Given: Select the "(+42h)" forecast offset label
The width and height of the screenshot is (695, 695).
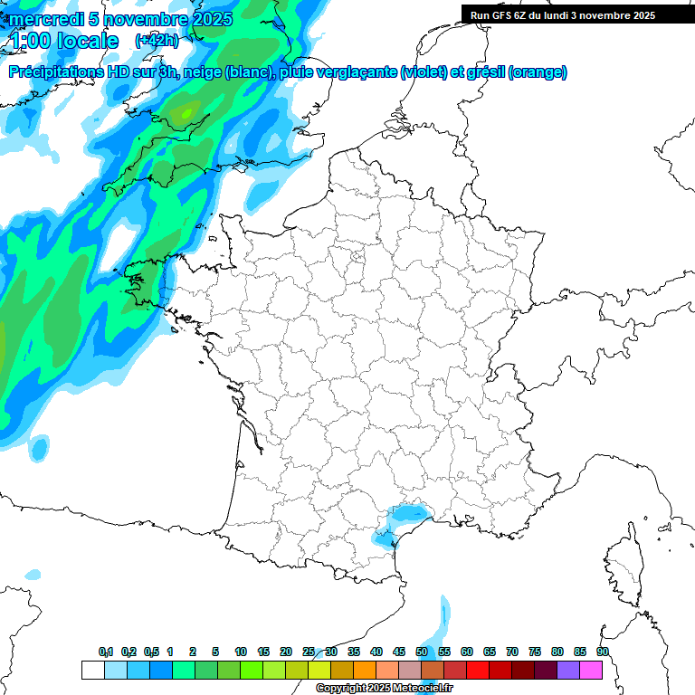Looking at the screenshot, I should coord(157,41).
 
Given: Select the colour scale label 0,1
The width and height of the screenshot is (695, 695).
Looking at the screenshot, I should coord(106,652).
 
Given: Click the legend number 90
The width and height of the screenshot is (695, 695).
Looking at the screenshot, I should coord(602,652).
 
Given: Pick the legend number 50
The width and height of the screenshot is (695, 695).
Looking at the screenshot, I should coord(422,652).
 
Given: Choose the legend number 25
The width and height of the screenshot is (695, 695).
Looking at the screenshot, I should coord(309,652).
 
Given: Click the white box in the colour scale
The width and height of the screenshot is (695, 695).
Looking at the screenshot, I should coord(92,670).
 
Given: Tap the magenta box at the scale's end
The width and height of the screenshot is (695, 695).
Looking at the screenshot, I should coord(591,670).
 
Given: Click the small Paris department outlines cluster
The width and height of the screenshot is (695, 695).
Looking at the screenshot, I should coord(357,260).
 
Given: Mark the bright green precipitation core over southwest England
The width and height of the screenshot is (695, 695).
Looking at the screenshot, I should coord(187,113).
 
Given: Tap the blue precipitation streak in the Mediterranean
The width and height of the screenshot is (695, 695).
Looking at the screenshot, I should coord(440,624).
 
